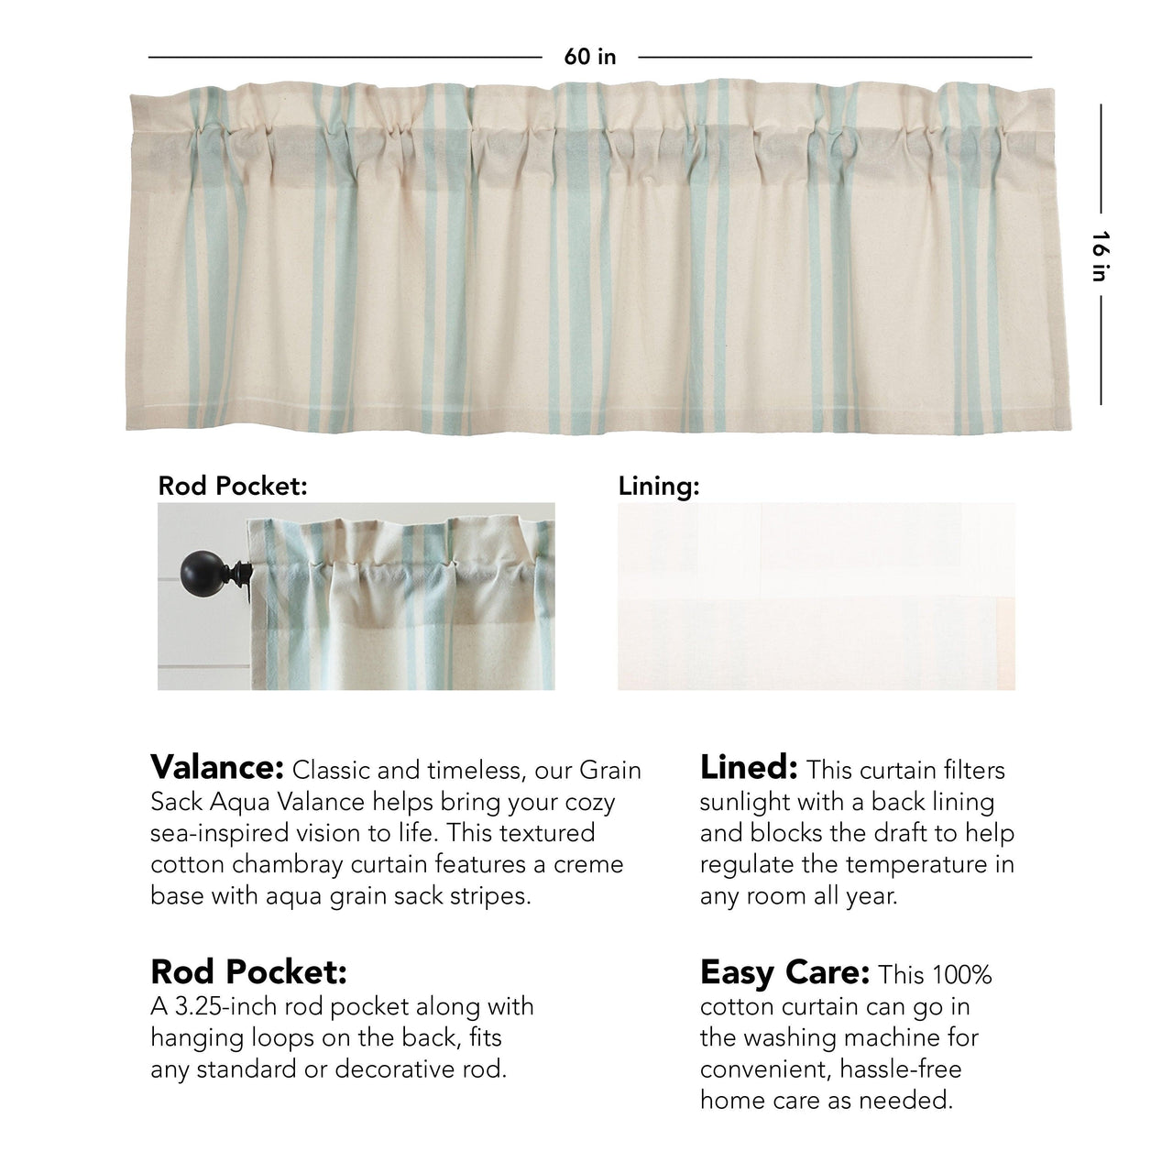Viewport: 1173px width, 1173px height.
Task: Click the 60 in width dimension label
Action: tap(590, 57)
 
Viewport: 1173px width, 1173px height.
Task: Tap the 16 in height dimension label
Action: tap(1100, 256)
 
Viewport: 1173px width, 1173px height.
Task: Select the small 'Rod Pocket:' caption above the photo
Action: tap(232, 486)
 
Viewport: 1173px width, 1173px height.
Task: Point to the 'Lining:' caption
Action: tap(659, 486)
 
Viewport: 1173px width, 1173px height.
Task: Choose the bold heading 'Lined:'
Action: tap(748, 767)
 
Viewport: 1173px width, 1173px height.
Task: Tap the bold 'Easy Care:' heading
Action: tap(784, 972)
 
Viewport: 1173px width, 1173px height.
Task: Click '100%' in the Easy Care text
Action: tap(961, 975)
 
